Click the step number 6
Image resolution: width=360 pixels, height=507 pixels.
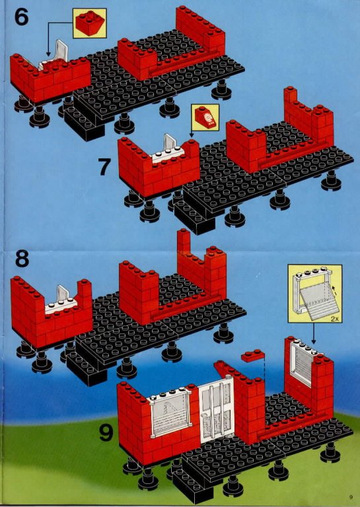coord(21,17)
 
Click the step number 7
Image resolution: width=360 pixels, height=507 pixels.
coord(104,167)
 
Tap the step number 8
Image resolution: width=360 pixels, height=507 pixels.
coord(22,259)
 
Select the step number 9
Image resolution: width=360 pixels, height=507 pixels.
coord(106,433)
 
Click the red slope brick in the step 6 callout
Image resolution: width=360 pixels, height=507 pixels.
coord(90,23)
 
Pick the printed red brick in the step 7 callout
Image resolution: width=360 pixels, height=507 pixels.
coord(205,118)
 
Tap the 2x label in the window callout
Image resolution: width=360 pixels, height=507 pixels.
coord(334,318)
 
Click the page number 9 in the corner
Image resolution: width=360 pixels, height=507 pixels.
coord(350,497)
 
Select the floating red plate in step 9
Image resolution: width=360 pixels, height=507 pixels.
coord(253,355)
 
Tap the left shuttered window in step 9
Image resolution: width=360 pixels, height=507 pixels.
coord(168,413)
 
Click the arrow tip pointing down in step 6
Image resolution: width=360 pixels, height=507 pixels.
coord(48,55)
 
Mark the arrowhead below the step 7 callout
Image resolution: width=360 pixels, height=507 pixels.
coord(191,135)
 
